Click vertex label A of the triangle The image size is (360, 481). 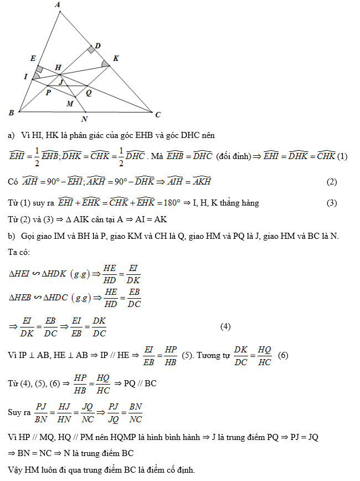[x=58, y=5]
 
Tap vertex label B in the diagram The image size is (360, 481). [x=11, y=113]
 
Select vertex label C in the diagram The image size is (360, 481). [x=158, y=115]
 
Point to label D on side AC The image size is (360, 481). [x=97, y=45]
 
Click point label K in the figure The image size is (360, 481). [x=115, y=58]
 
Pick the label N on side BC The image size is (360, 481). [x=84, y=119]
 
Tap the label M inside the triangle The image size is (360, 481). [x=69, y=104]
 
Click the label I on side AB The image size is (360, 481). [x=26, y=76]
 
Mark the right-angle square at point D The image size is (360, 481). [x=90, y=50]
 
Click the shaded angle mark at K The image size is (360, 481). [x=105, y=64]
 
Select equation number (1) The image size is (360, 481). [x=342, y=156]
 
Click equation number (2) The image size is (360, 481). [x=332, y=182]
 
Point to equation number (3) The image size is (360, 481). [x=332, y=203]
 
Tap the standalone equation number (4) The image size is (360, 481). [x=225, y=326]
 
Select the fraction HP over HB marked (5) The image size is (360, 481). [x=170, y=355]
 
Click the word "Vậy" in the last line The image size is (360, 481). [x=16, y=470]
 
